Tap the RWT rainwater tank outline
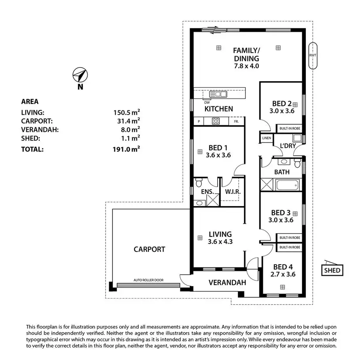[x=312, y=55]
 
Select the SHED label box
[x=332, y=270]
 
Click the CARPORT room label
[x=149, y=249]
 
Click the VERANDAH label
[x=227, y=283]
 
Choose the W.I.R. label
[x=232, y=192]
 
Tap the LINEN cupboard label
[x=267, y=138]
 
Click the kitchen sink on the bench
[x=218, y=94]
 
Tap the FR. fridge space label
[x=236, y=121]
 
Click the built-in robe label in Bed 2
[x=289, y=128]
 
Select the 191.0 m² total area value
[x=127, y=149]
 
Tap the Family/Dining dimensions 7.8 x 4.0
[x=246, y=66]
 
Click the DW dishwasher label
[x=207, y=102]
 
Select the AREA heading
[x=30, y=102]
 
